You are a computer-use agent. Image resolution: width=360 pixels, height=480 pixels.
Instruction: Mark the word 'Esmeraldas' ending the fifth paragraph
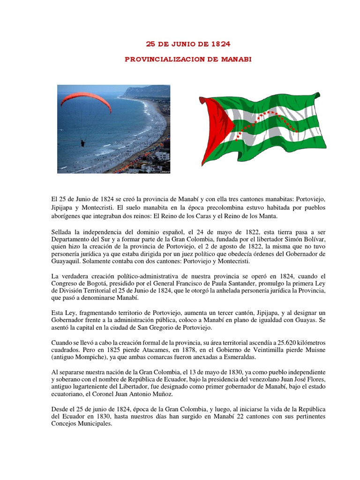pos(242,358)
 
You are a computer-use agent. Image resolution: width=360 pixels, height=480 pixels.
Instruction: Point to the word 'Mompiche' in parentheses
pos(95,358)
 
